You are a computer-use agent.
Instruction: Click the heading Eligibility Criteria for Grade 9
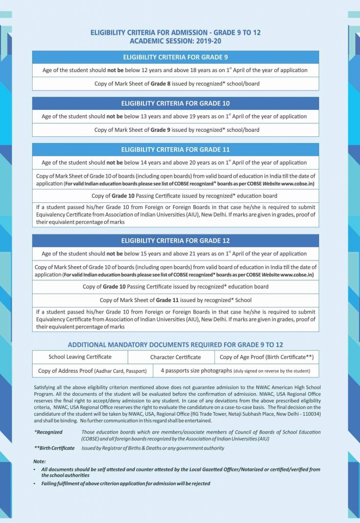click(x=175, y=57)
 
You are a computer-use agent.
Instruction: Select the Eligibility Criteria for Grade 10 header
click(x=175, y=103)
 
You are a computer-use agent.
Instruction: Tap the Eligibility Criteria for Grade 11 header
click(x=175, y=150)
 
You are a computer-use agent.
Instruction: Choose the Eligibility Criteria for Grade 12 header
click(x=175, y=241)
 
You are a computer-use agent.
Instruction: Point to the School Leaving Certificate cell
click(x=80, y=357)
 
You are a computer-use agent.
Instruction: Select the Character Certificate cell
click(x=175, y=357)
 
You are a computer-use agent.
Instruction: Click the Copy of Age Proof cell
click(x=266, y=357)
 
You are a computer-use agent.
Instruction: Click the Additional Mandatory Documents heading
click(x=175, y=345)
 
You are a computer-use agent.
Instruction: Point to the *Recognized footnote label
click(x=48, y=432)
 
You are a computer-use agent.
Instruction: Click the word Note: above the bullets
click(x=39, y=461)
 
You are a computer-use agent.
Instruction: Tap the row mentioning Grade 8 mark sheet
click(x=175, y=83)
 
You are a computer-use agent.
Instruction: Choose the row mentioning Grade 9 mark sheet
click(x=175, y=130)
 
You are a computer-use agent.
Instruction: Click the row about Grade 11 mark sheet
click(x=175, y=300)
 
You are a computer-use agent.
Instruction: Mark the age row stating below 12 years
click(x=175, y=70)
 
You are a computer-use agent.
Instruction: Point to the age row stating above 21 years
click(x=175, y=253)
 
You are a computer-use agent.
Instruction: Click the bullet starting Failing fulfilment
click(x=126, y=483)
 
